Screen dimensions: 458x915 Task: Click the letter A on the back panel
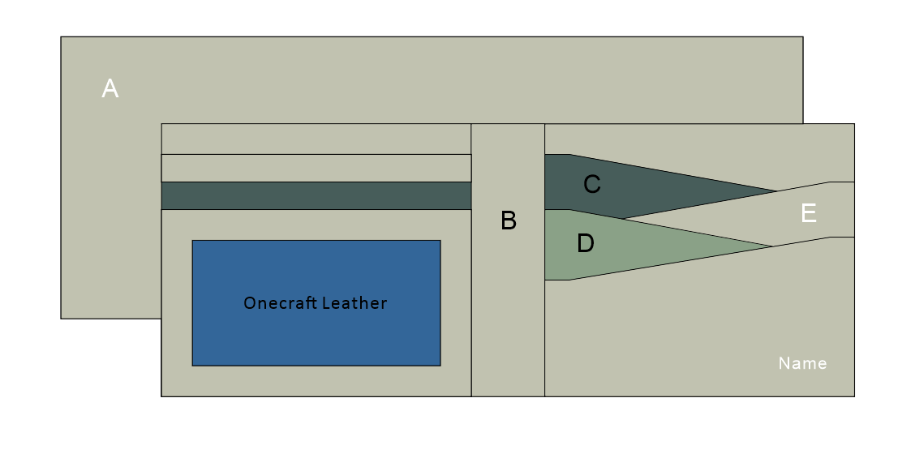(x=110, y=88)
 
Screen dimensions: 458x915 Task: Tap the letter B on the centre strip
(x=509, y=220)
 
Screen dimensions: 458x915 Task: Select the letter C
(x=592, y=185)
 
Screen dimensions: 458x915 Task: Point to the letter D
(x=586, y=243)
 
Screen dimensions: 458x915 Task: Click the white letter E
(x=809, y=213)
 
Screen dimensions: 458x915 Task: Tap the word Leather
(x=354, y=303)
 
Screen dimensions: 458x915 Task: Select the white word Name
(x=802, y=363)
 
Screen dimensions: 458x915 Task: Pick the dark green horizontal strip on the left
(x=316, y=195)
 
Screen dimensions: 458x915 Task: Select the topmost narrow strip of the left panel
(x=316, y=139)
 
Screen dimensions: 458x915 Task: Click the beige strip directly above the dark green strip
(x=316, y=168)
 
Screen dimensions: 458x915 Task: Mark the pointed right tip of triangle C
(x=774, y=191)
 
